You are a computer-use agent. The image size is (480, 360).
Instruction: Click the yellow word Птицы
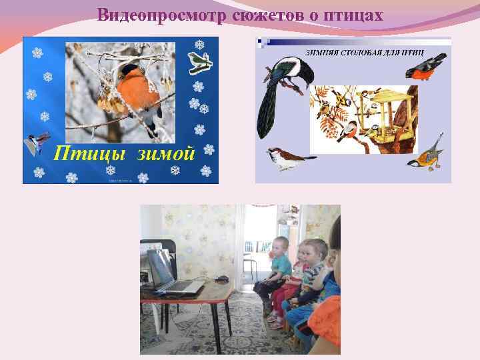[91, 155]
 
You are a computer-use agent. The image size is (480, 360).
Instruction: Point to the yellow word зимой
[166, 155]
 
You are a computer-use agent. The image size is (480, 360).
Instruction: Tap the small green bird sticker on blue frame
[200, 62]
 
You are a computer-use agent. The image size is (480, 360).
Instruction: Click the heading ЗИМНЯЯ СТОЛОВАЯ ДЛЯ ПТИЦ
[375, 53]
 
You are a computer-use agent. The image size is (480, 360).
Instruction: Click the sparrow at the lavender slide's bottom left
[289, 159]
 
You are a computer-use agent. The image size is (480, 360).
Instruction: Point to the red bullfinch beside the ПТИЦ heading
[427, 67]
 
